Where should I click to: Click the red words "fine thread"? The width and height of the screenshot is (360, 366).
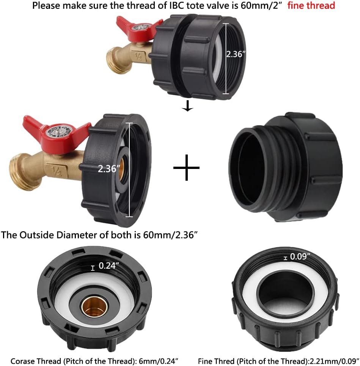coord(311,5)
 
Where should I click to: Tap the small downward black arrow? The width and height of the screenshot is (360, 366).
coord(187,106)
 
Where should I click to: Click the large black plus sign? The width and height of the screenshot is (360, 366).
coord(186,167)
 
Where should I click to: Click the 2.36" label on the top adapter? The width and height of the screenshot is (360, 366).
coord(236,54)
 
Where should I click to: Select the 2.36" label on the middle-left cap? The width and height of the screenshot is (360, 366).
coord(109,169)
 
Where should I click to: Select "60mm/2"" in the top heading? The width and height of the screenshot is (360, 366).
coord(259,5)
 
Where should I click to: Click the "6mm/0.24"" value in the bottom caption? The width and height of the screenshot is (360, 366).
coord(158,361)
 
